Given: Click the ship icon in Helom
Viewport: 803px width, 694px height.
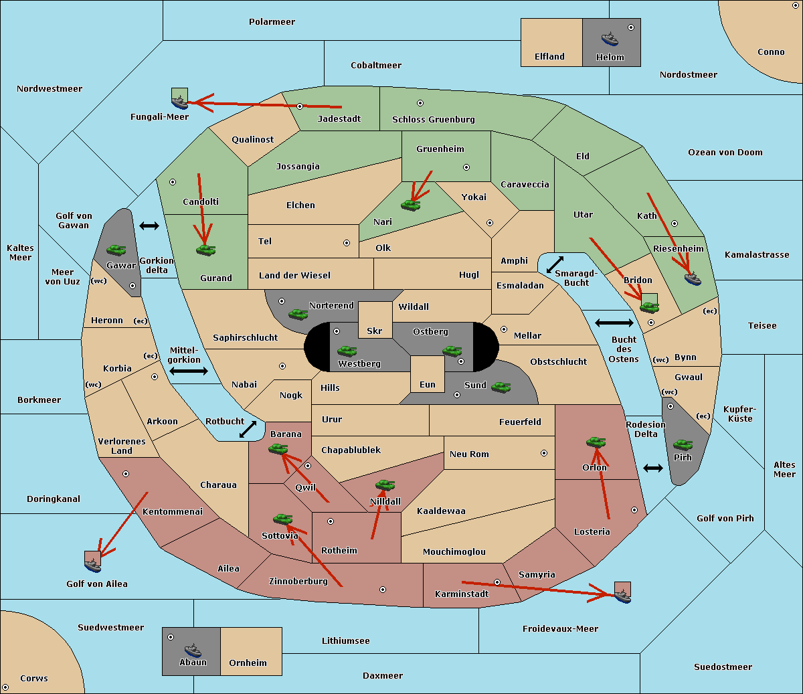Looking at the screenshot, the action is (x=610, y=39).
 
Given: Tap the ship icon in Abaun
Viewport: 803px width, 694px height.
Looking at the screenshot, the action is (x=193, y=650).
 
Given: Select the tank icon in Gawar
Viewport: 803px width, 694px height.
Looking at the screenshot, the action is (x=116, y=250).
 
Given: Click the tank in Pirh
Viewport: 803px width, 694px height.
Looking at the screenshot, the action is (x=683, y=445).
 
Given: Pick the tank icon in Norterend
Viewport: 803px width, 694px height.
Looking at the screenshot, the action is (x=298, y=315).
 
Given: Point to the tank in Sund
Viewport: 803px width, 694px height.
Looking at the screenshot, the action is (x=501, y=387).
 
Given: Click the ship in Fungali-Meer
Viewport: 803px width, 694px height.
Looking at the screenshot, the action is (x=179, y=102).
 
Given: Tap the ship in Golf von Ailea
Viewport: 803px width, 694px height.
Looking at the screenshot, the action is (x=93, y=566).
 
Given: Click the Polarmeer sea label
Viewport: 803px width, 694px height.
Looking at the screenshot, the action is (x=272, y=22).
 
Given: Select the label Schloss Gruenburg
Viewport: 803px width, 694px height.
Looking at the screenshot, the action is (x=434, y=119).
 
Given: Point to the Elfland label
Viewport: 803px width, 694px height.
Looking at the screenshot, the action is (x=549, y=57).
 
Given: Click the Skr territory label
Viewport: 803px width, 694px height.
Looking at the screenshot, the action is (x=375, y=331).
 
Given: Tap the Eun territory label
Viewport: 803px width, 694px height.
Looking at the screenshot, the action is (x=428, y=384).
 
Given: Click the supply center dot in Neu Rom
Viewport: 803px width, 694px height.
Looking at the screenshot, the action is (x=544, y=453).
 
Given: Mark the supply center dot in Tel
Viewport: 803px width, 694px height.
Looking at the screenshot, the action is (x=347, y=243).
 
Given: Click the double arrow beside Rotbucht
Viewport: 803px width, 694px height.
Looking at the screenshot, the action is (x=248, y=429).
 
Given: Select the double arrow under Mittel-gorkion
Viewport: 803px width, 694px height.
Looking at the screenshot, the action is (x=189, y=371).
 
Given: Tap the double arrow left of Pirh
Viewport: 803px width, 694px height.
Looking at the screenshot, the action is (x=653, y=468).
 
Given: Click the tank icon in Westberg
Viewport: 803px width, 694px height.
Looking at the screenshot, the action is (x=347, y=351).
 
